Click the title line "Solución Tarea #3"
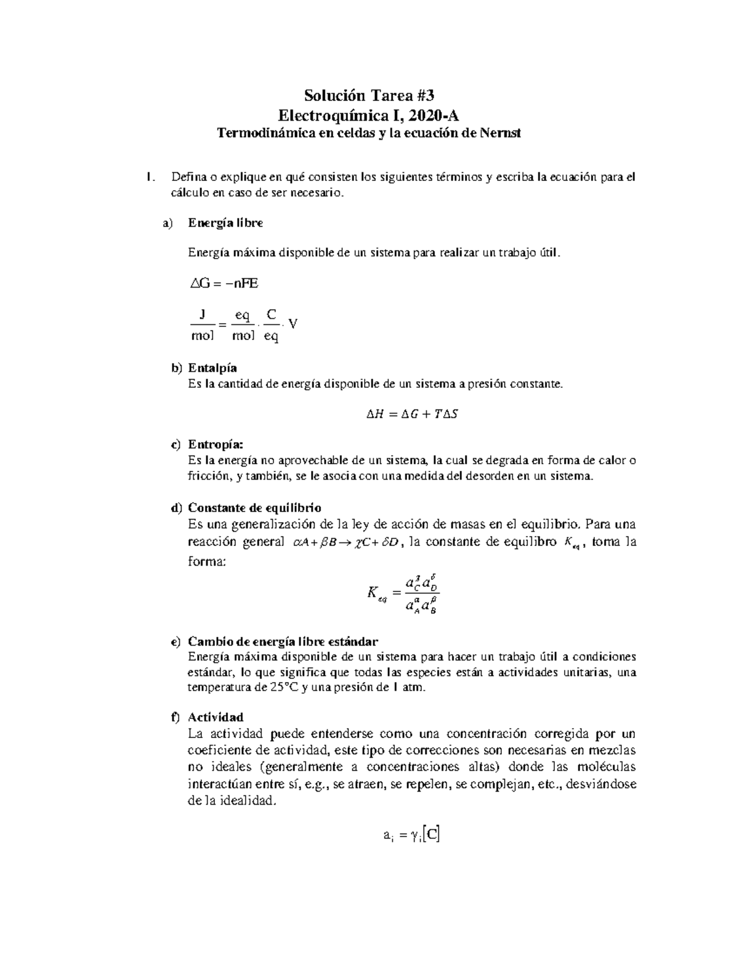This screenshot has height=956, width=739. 369,95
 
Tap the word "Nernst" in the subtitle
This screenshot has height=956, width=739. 500,133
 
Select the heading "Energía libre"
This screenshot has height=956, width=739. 225,223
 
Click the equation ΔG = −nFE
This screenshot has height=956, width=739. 224,284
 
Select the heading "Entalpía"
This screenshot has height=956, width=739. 212,368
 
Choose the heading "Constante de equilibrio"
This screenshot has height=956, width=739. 254,508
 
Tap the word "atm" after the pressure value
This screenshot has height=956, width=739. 413,688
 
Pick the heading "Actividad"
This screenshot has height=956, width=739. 216,717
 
